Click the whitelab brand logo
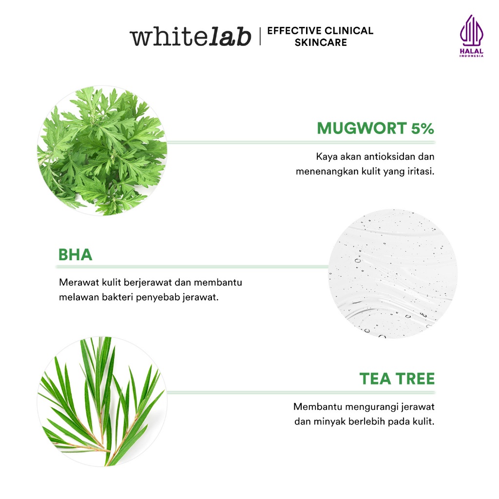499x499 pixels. pos(190,37)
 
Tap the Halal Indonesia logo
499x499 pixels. pos(470,36)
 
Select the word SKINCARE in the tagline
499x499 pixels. pos(320,43)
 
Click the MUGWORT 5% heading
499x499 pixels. pos(375,128)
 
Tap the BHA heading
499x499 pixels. pos(75,255)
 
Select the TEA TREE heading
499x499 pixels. pos(397,379)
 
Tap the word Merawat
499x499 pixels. pos(76,283)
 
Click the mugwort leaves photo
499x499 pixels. pos(101,151)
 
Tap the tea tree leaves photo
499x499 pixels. pos(101,401)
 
